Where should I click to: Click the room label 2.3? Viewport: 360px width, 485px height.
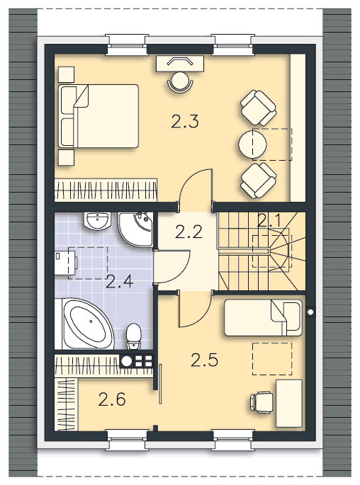click(185, 121)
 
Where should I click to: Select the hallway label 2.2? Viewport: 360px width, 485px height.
click(189, 232)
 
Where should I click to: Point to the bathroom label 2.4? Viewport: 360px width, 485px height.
click(120, 282)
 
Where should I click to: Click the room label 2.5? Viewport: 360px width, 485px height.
click(204, 360)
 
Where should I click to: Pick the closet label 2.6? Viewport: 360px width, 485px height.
click(112, 399)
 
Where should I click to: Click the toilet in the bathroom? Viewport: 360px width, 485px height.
click(134, 336)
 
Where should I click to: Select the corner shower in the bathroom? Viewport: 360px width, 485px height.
click(135, 229)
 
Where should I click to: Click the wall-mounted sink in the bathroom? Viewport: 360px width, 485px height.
click(97, 221)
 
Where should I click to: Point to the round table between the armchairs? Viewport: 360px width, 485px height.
click(252, 144)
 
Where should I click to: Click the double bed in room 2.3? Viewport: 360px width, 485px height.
click(99, 115)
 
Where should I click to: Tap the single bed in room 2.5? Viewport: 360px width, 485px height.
click(263, 318)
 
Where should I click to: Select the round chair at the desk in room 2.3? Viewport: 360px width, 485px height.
click(180, 81)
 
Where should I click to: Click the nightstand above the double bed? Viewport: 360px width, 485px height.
click(66, 74)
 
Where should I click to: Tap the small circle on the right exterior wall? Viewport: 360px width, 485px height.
click(310, 312)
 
